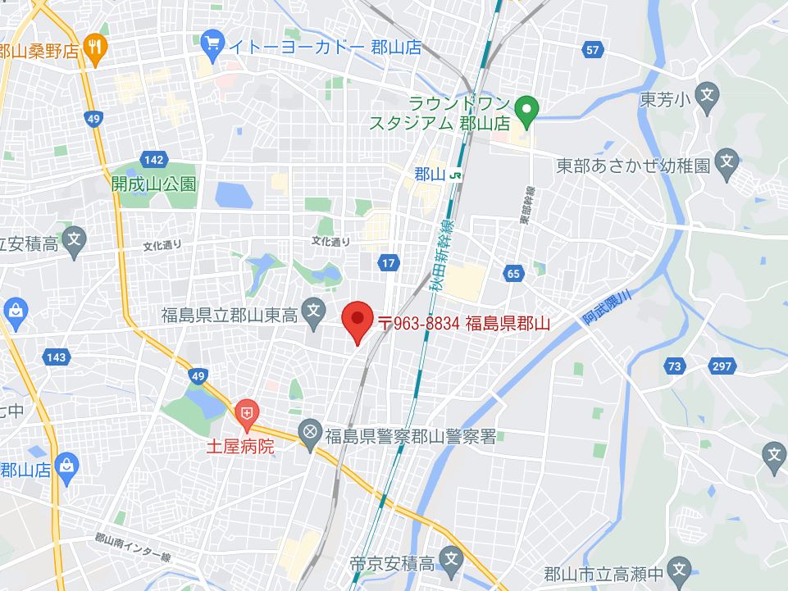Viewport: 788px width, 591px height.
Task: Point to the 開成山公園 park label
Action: pos(154,184)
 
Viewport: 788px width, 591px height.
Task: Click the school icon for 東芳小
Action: pos(707,98)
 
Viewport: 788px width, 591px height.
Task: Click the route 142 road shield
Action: pos(153,159)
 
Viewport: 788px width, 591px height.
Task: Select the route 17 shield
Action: pos(389,262)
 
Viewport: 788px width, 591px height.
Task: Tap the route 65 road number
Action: pos(513,274)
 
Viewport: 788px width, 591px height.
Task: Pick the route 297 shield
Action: pos(722,366)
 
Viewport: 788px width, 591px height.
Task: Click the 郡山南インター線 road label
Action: pos(133,547)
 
